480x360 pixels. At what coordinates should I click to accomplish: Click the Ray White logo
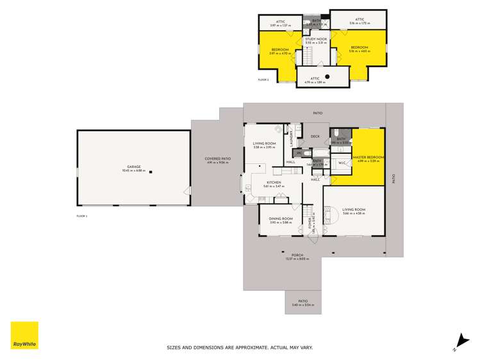click(x=24, y=335)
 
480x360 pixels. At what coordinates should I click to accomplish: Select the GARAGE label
click(x=133, y=167)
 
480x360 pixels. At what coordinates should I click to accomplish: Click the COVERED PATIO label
click(x=217, y=159)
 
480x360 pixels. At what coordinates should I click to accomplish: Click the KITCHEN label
click(x=274, y=183)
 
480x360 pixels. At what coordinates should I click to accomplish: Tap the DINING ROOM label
click(x=281, y=219)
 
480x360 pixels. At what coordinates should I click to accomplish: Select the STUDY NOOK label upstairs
click(x=316, y=39)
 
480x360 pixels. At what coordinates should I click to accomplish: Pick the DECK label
click(x=315, y=136)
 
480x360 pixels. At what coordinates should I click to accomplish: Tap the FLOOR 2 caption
click(x=263, y=80)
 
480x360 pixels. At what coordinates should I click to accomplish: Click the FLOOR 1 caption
click(x=81, y=217)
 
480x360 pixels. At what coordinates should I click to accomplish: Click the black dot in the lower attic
click(x=327, y=76)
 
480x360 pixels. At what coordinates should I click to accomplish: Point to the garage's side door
click(x=188, y=190)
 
